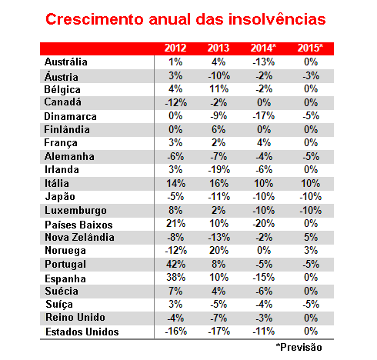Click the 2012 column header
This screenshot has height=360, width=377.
pyautogui.click(x=175, y=48)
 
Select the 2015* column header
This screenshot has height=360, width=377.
pyautogui.click(x=310, y=48)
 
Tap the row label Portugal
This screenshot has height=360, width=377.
pyautogui.click(x=65, y=265)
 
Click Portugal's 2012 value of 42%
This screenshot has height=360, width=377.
pyautogui.click(x=175, y=264)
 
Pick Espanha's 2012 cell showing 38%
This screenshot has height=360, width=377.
pyautogui.click(x=175, y=277)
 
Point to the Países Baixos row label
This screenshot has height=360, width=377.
pyautogui.click(x=78, y=225)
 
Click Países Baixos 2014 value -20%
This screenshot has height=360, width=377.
pyautogui.click(x=264, y=224)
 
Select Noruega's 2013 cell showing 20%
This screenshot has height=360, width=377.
pyautogui.click(x=219, y=250)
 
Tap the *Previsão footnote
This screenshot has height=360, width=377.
pyautogui.click(x=299, y=347)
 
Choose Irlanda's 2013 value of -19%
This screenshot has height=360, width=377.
pyautogui.click(x=219, y=170)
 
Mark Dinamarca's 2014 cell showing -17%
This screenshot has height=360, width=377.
pyautogui.click(x=264, y=116)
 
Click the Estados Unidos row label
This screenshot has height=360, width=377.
pyautogui.click(x=82, y=332)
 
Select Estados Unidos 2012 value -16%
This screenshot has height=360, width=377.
pyautogui.click(x=175, y=331)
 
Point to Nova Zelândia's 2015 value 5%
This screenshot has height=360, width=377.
pyautogui.click(x=311, y=237)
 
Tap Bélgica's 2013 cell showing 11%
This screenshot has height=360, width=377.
pyautogui.click(x=219, y=89)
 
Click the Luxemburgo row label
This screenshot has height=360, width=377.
pyautogui.click(x=75, y=211)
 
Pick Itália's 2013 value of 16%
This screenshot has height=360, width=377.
pyautogui.click(x=219, y=184)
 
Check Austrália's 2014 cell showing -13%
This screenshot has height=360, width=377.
pyautogui.click(x=264, y=62)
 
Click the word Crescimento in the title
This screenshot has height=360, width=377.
pyautogui.click(x=95, y=19)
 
